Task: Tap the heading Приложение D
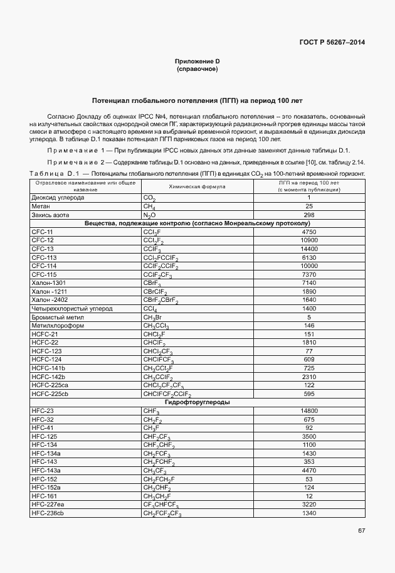[x=197, y=61]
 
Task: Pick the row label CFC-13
[x=42, y=249]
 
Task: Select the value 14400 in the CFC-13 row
[x=308, y=249]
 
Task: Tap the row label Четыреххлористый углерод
[x=71, y=309]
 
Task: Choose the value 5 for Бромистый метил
[x=308, y=318]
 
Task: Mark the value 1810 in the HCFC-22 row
[x=308, y=343]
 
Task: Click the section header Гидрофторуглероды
[x=197, y=402]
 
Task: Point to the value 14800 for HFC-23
[x=308, y=411]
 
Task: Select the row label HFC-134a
[x=46, y=453]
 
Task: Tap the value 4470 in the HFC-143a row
[x=308, y=471]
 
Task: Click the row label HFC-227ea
[x=48, y=505]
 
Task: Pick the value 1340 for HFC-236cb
[x=308, y=513]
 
